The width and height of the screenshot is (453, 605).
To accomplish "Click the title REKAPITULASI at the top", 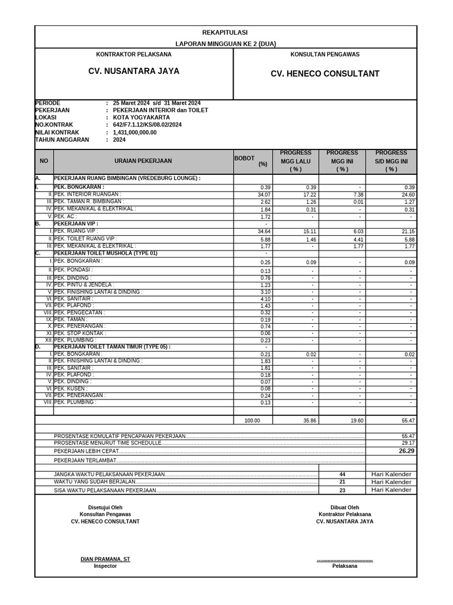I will (x=225, y=32).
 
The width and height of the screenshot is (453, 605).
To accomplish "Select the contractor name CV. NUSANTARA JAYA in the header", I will (x=134, y=71).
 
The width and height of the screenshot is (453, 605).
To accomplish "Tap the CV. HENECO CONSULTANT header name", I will (x=325, y=74).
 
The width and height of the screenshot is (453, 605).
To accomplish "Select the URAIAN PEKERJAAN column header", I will (x=143, y=161).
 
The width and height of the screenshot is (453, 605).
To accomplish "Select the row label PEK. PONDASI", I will (x=72, y=269).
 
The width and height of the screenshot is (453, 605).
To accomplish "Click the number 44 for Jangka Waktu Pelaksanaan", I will (x=342, y=474).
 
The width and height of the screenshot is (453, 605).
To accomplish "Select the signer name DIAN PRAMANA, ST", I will (x=105, y=559).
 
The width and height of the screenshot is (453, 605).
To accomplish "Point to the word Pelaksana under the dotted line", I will (x=344, y=566).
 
